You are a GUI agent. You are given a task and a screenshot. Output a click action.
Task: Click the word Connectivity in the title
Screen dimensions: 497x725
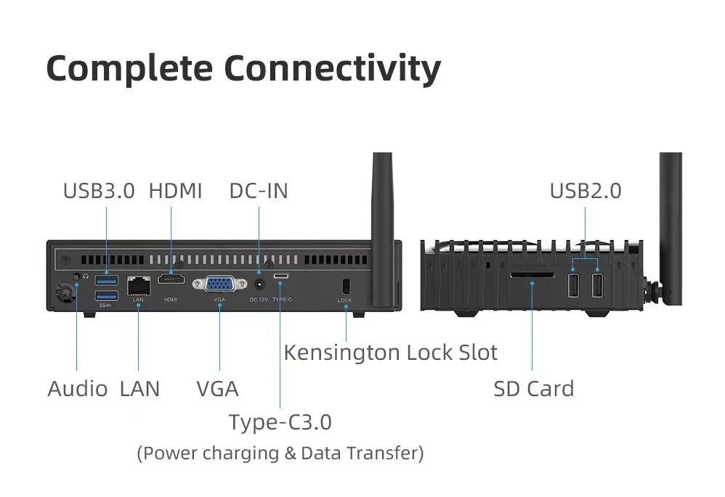(332, 69)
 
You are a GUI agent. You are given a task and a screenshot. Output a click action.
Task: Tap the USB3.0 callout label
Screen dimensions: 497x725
(99, 191)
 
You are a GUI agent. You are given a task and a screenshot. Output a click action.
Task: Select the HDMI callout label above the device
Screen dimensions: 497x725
(175, 191)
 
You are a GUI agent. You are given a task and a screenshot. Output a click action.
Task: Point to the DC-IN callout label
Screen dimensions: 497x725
(259, 191)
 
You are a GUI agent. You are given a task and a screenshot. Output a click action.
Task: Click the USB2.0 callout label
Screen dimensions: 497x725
(585, 191)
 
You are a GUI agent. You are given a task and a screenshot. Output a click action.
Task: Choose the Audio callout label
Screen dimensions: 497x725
(77, 389)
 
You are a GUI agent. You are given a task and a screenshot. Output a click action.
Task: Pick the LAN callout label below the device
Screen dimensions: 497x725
(139, 389)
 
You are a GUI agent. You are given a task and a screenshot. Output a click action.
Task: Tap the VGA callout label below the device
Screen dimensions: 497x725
(217, 389)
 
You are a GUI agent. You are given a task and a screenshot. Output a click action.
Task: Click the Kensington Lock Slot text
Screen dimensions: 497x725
(390, 353)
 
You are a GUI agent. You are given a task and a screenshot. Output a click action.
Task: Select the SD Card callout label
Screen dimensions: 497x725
(533, 389)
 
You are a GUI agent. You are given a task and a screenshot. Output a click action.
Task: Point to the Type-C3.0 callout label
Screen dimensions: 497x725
(280, 422)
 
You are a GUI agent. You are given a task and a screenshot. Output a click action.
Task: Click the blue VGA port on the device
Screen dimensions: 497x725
(219, 284)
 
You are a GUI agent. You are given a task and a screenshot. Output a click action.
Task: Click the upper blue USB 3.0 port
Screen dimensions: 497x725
(107, 280)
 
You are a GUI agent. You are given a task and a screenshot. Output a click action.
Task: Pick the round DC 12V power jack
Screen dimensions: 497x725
(259, 284)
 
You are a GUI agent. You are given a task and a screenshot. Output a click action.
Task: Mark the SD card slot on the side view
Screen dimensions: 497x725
(532, 276)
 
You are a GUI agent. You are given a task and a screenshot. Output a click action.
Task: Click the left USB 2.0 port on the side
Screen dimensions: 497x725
(573, 284)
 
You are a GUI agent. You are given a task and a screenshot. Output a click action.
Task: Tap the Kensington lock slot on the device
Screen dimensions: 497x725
(345, 285)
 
